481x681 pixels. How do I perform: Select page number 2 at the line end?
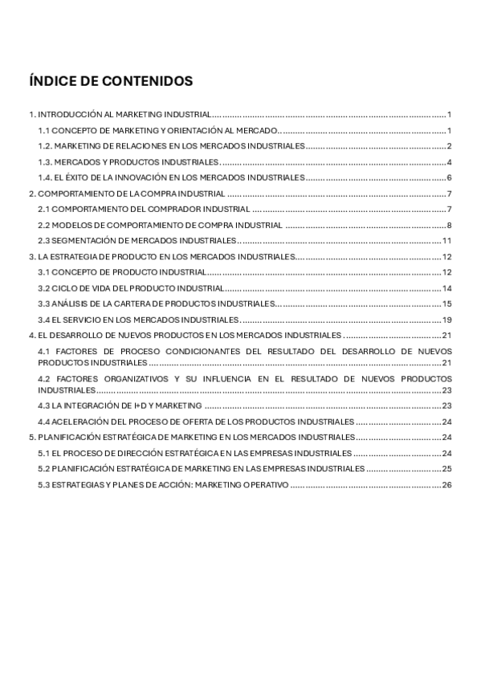tap(450, 145)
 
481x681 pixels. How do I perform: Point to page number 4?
tap(450, 161)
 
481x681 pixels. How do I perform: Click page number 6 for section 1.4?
tap(450, 177)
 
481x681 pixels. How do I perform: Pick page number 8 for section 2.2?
tap(450, 225)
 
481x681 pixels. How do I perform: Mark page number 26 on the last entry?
tap(447, 485)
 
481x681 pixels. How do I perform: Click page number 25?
tap(447, 469)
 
